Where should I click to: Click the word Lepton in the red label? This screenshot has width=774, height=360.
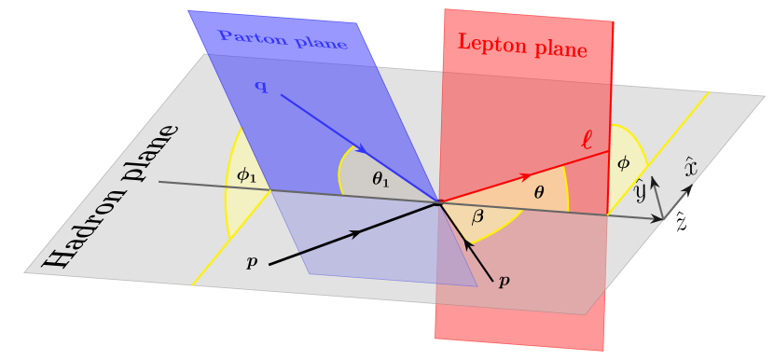point(487,42)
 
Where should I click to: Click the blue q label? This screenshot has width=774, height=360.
point(261,87)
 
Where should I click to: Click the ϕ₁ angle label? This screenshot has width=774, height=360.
point(246,173)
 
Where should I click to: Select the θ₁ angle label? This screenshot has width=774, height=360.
point(380,180)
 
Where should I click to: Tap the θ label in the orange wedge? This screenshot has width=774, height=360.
point(538,192)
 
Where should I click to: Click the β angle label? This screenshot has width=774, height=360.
point(477,217)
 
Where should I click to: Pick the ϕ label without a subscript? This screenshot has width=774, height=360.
point(624,163)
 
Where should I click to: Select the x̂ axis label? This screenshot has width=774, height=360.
point(690,167)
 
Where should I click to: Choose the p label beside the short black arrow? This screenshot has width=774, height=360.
point(504,279)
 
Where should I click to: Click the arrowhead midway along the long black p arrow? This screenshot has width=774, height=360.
point(355,233)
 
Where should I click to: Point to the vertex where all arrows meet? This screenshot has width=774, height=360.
point(439,201)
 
